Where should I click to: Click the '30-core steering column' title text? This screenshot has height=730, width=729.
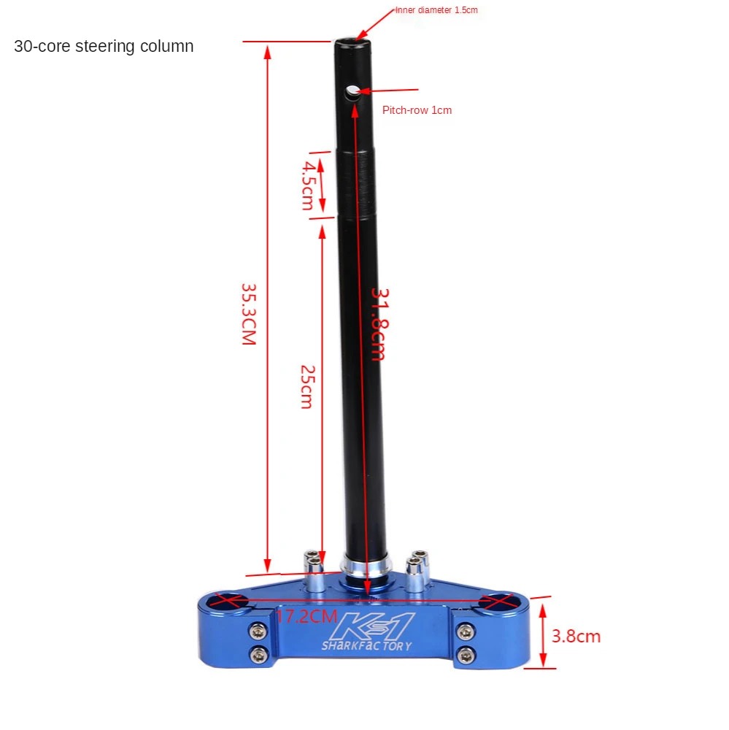(104, 47)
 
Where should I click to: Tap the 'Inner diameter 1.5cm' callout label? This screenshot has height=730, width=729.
(436, 10)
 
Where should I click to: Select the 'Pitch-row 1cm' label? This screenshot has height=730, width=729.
(417, 110)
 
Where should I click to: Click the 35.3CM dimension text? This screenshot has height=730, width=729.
(249, 314)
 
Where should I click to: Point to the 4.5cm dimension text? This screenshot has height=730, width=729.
(308, 185)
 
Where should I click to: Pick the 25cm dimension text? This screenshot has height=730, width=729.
(306, 387)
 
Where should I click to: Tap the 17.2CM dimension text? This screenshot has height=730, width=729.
(306, 616)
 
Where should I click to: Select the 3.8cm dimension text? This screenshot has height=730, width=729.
(576, 637)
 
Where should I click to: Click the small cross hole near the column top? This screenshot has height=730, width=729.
(352, 91)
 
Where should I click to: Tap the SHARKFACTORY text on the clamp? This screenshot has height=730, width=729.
(366, 646)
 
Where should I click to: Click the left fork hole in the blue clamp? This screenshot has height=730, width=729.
(228, 602)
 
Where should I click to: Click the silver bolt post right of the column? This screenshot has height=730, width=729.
(417, 569)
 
